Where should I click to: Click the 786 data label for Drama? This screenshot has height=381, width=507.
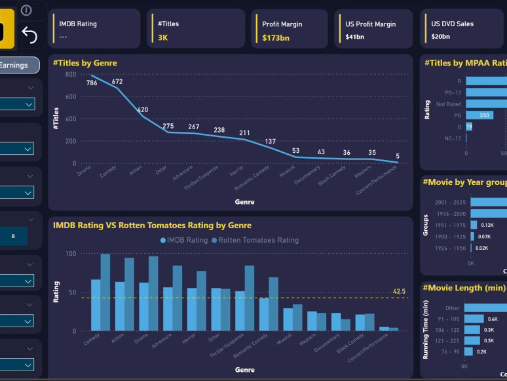click(x=92, y=83)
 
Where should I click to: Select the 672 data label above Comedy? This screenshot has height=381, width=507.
click(x=117, y=82)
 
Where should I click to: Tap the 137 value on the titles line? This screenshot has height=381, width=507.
click(x=271, y=142)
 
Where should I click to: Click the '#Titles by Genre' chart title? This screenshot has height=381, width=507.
click(x=85, y=63)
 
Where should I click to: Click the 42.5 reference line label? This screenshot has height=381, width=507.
click(x=399, y=291)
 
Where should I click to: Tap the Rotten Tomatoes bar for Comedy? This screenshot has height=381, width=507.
click(x=105, y=292)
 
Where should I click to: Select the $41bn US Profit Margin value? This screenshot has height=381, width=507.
click(x=354, y=38)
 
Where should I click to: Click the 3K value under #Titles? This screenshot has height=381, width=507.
click(x=163, y=38)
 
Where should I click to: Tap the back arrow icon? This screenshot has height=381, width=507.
click(x=29, y=35)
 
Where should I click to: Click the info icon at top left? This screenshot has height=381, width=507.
click(x=26, y=10)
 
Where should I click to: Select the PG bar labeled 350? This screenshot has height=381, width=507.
click(x=483, y=115)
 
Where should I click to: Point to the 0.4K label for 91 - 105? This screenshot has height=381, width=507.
click(x=493, y=319)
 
